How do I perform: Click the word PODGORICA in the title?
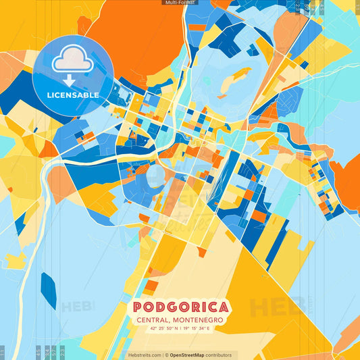[180, 307]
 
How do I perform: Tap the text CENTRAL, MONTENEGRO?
[180, 319]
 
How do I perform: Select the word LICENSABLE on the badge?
[73, 95]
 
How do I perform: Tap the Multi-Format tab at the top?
[180, 3]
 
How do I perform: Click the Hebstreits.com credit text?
[145, 355]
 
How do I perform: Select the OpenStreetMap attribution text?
[192, 355]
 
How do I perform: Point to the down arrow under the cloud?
[73, 80]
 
